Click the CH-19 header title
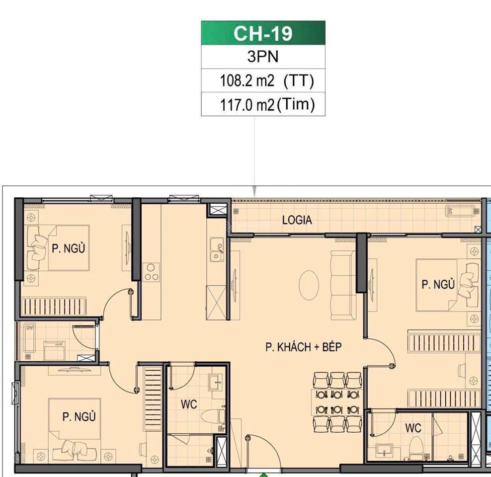(x=263, y=34)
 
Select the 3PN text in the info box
(x=263, y=57)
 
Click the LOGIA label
(x=297, y=220)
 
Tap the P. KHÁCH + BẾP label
(x=303, y=347)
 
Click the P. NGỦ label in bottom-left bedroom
(x=79, y=416)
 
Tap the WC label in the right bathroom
(x=413, y=428)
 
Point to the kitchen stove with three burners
(x=151, y=272)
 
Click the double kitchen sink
(x=216, y=249)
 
